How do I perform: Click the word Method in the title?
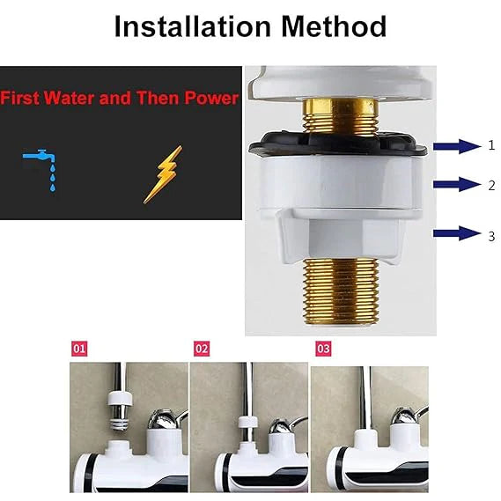click(334, 26)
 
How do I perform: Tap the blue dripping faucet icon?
click(41, 170)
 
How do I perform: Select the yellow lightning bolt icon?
click(163, 174)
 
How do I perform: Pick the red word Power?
click(211, 98)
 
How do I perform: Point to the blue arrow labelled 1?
click(457, 146)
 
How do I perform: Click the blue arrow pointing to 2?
click(457, 184)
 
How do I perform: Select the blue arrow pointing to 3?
click(457, 233)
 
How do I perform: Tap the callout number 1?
click(491, 145)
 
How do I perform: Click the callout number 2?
click(491, 185)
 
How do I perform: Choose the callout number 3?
click(491, 237)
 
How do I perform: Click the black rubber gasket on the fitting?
click(337, 144)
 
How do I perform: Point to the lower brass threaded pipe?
click(341, 291)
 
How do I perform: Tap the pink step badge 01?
click(79, 349)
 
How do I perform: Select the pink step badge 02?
click(202, 349)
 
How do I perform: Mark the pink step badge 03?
click(324, 349)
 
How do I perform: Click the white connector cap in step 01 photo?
click(120, 399)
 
